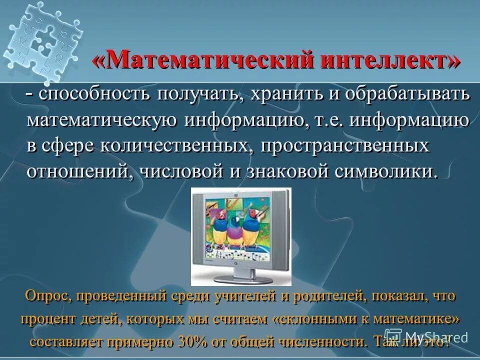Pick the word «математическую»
[x=102, y=120]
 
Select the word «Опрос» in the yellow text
[x=48, y=296]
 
